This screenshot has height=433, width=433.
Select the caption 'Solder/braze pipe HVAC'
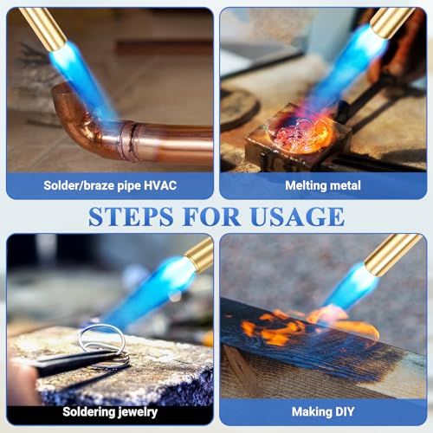[109, 185]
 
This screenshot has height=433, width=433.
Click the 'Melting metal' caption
[322, 185]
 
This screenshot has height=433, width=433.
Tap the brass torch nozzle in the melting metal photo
[390, 21]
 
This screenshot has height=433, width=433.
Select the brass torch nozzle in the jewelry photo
[199, 255]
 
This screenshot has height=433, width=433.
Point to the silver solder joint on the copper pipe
[127, 139]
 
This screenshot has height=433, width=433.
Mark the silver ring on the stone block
[101, 339]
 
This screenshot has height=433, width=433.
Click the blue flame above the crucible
[346, 69]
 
